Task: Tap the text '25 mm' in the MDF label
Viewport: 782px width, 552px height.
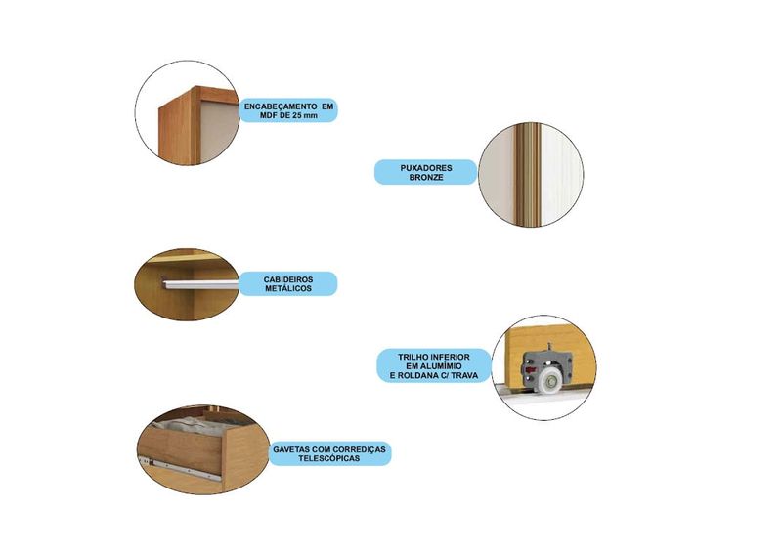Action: click(x=305, y=115)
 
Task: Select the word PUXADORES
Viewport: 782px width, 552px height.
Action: click(x=426, y=168)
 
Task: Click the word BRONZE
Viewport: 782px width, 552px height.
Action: click(x=426, y=177)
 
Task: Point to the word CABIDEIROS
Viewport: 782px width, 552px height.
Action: click(x=288, y=279)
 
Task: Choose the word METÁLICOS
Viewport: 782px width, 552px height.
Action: click(x=288, y=289)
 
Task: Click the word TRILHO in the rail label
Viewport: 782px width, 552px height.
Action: click(x=412, y=357)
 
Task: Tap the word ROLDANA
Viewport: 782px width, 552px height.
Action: click(x=418, y=375)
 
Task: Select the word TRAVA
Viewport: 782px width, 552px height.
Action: click(x=464, y=375)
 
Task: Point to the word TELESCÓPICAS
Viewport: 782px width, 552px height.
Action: click(x=329, y=458)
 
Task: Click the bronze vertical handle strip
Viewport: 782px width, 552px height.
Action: click(x=528, y=175)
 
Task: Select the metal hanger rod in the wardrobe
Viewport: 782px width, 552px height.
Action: click(x=199, y=284)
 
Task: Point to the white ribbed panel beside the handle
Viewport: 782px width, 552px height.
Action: click(x=562, y=175)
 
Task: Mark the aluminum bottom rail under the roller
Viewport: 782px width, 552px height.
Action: click(x=543, y=395)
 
